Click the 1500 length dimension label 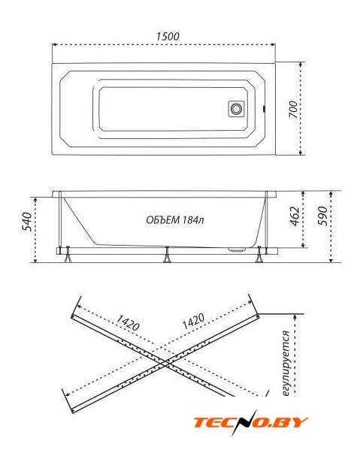[x=168, y=37]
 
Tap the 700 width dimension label [x=293, y=109]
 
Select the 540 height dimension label [x=27, y=222]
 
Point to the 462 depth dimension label [x=295, y=216]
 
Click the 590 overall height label [x=322, y=216]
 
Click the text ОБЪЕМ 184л [x=175, y=220]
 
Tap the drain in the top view [x=237, y=109]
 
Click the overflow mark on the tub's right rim [x=264, y=109]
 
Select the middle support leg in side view [x=167, y=255]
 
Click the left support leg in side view [x=68, y=255]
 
